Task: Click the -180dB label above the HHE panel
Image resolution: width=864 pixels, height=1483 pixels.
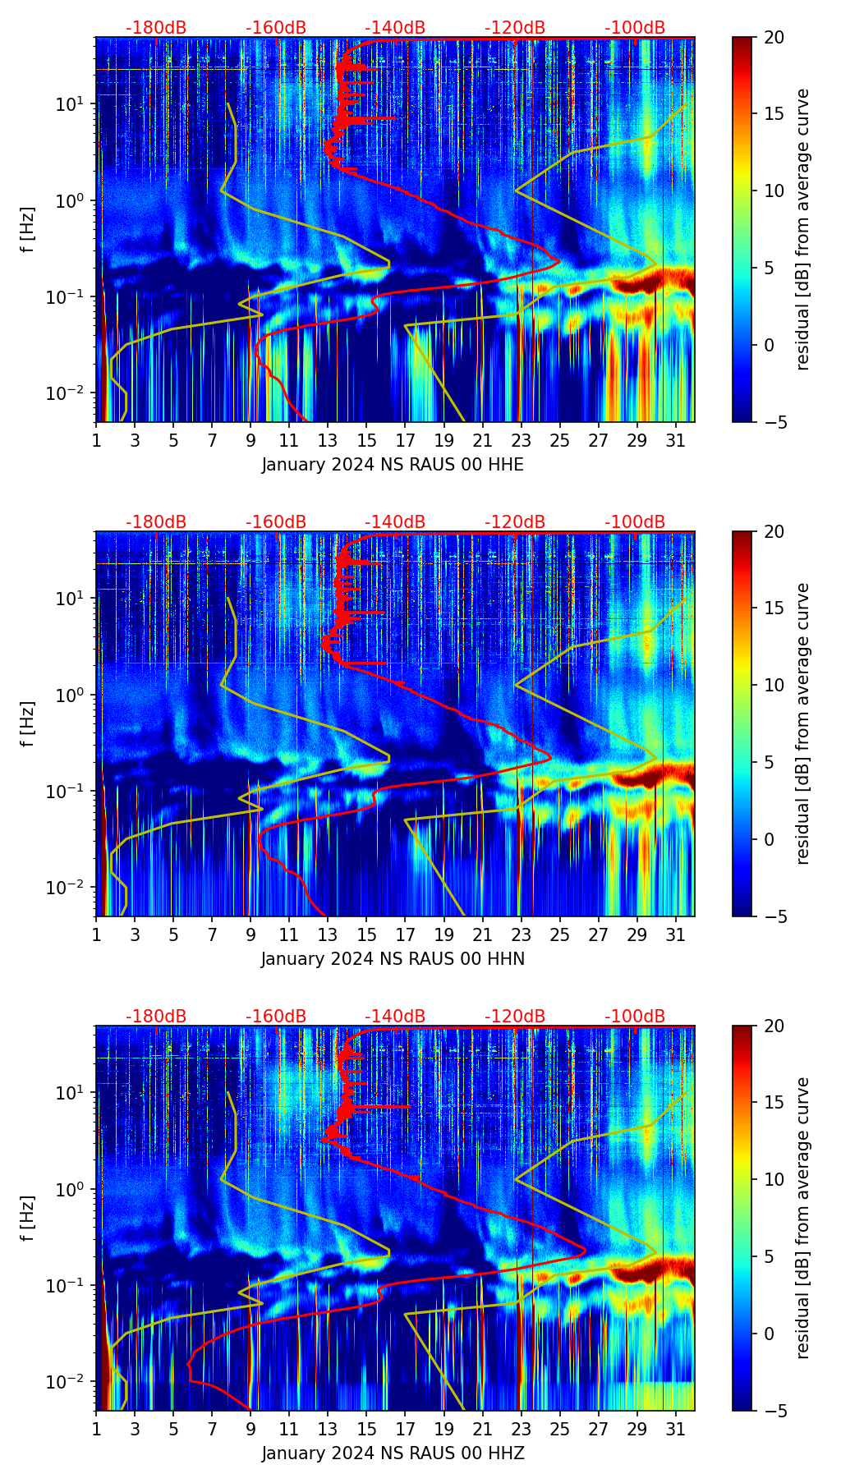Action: (156, 28)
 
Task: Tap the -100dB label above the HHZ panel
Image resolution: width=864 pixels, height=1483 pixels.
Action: (635, 1017)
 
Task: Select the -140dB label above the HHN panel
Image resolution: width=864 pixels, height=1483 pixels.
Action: (395, 522)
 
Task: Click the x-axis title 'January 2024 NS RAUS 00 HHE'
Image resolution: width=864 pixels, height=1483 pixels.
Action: (393, 465)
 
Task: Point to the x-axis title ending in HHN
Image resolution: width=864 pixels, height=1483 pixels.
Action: (393, 959)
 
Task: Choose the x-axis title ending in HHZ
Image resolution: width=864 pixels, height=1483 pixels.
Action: (393, 1453)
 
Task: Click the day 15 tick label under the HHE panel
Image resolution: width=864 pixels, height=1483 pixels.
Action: (366, 440)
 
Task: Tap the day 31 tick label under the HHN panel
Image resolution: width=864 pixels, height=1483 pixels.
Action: (675, 934)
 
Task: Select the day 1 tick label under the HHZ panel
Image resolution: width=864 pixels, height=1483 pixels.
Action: (96, 1429)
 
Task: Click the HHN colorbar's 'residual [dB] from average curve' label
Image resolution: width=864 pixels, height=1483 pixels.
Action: (803, 723)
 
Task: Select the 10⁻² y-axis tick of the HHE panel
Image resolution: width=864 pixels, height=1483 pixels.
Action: (74, 393)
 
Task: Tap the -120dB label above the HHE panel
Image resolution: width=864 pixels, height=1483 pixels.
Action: (515, 28)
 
